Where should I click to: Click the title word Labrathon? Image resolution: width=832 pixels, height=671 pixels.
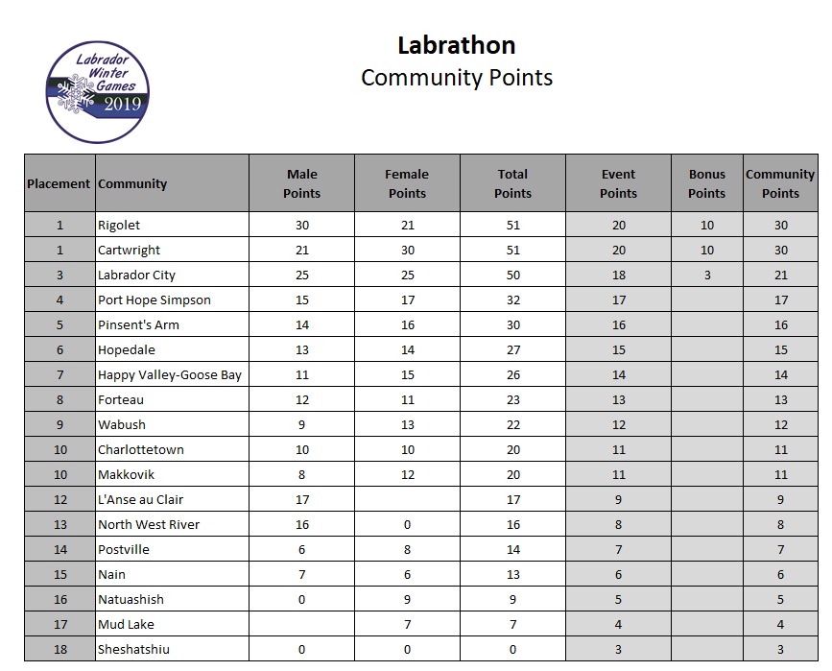coord(456,45)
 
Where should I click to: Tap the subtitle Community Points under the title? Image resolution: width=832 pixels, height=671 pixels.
coord(456,78)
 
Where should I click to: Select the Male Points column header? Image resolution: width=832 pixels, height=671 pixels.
coord(302,183)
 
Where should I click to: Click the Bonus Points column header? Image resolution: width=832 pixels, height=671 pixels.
coord(706,183)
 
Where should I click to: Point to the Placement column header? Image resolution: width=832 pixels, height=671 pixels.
coord(59,183)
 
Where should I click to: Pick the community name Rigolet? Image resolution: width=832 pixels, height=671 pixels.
coord(119,225)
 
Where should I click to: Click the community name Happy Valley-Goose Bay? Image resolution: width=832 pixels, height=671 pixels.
coord(170,374)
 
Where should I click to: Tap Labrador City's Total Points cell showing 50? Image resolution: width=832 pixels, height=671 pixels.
coord(512,275)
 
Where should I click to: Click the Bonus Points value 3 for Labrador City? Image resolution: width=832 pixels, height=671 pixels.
coord(706,275)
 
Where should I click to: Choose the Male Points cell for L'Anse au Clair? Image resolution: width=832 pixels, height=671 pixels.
coord(302,499)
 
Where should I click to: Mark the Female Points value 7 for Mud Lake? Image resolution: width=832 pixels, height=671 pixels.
coord(407,624)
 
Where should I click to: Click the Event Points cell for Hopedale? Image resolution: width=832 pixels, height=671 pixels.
coord(618,349)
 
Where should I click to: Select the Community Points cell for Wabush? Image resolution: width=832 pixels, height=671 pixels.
coord(780,424)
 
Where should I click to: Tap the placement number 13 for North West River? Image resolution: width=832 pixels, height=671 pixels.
coord(59,524)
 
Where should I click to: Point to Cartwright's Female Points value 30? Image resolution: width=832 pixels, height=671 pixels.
coord(407,250)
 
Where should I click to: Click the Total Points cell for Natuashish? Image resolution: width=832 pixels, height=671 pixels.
coord(512,599)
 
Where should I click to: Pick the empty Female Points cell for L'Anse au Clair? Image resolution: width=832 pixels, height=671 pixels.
coord(407,499)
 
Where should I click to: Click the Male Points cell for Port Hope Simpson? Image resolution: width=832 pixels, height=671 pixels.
coord(302,300)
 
